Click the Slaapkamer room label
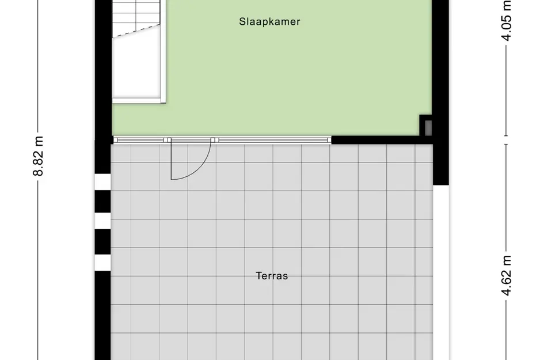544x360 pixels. (270, 22)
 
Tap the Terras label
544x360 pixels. (272, 276)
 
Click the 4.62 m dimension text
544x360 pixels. (507, 275)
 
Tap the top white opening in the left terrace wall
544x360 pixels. (102, 182)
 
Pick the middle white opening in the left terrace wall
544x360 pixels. (102, 221)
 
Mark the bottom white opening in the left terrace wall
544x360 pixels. (102, 263)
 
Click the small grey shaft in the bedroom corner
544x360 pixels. (427, 125)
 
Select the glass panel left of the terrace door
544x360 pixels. (140, 139)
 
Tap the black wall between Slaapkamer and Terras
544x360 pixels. (380, 139)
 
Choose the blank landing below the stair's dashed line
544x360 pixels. (136, 66)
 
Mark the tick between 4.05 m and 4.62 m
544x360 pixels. (507, 139)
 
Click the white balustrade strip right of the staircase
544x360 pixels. (163, 52)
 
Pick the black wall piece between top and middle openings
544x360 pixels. (102, 202)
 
